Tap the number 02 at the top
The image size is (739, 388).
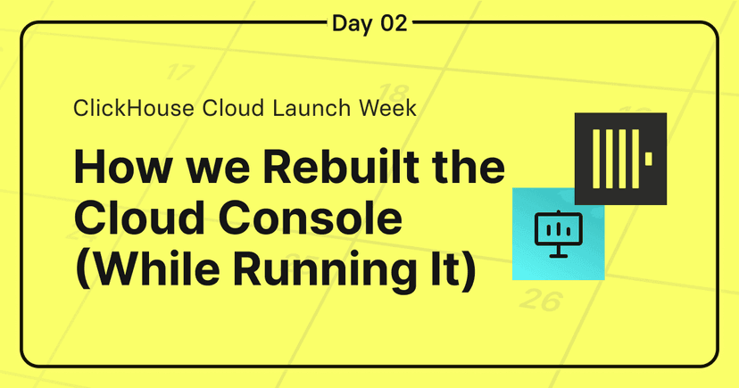coord(394,23)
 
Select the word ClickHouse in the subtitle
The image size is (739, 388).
coord(134,108)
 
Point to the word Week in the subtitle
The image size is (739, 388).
coord(388,108)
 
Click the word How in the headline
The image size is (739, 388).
coord(122,167)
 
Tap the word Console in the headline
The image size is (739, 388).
coord(310,218)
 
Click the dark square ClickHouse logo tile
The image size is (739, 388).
coord(620,159)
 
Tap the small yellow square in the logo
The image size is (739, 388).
coord(649,159)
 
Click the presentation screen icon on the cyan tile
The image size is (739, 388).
coord(559,234)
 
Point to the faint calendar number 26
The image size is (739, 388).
coord(542,300)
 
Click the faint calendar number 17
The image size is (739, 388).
coord(179,72)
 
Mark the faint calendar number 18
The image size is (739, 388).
coord(394,93)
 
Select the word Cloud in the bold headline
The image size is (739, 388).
coord(139,218)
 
